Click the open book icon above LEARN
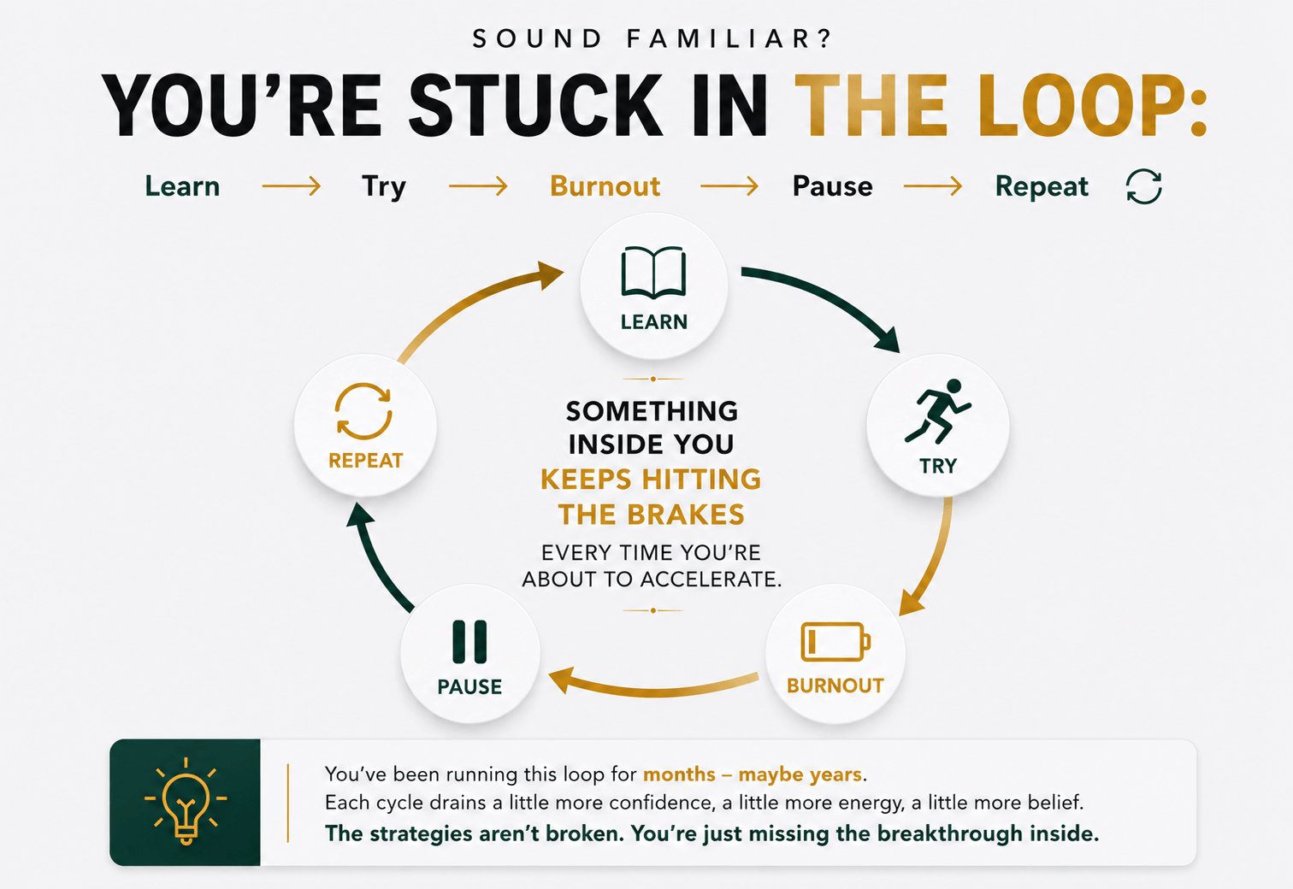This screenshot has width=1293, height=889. pos(653,273)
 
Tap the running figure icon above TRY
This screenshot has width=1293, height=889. pos(937,411)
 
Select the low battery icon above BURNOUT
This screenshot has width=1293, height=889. pos(835,641)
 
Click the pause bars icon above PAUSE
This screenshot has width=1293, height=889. pos(469,641)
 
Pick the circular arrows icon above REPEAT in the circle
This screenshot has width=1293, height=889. pos(363,411)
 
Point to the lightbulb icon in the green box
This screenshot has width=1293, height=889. pos(186,801)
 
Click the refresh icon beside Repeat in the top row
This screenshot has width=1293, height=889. pos(1143,186)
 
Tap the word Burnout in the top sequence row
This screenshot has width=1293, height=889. pos(605,186)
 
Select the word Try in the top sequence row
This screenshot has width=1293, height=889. pos(384,188)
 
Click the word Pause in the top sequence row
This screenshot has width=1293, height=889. pos(832,186)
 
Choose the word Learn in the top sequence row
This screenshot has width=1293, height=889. pos(182,186)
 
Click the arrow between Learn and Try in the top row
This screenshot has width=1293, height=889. pos(291,185)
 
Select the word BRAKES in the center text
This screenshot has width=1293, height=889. pos(686,515)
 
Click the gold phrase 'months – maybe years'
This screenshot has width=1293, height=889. pos(753,774)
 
